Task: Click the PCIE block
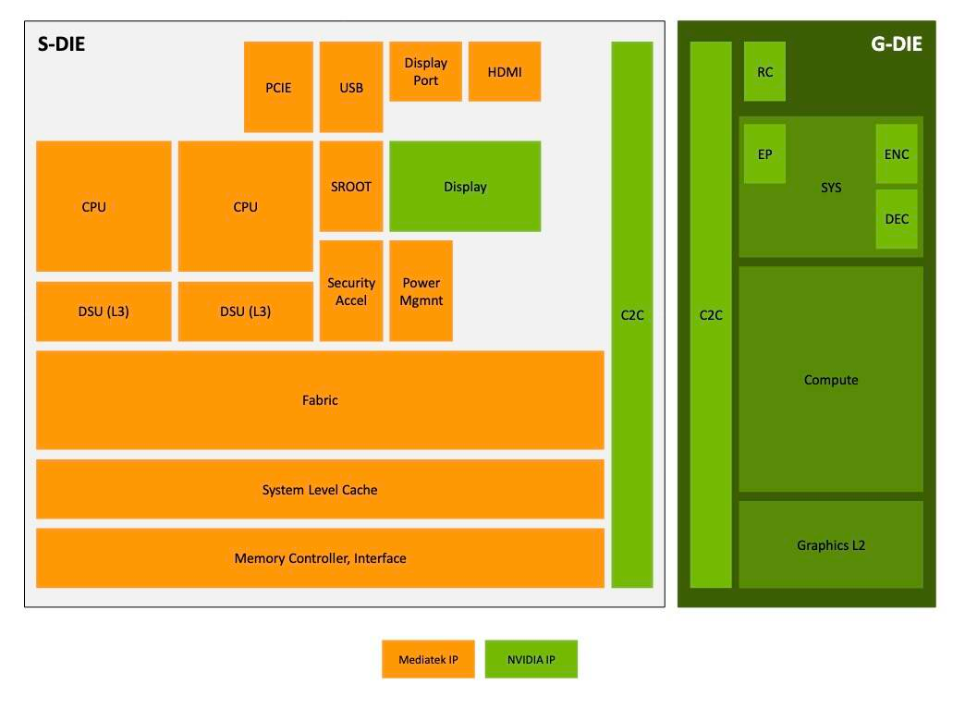point(278,87)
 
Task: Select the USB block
point(351,87)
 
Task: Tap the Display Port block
point(425,71)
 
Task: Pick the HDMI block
point(505,71)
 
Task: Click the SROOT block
point(351,186)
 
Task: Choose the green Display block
point(465,186)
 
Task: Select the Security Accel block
point(351,291)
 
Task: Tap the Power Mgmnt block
point(421,291)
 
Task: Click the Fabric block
point(320,400)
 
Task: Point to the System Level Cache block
point(320,489)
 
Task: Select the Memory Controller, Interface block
point(320,557)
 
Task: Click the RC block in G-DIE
point(764,71)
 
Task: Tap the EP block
point(764,154)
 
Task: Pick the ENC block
point(897,154)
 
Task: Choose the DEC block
point(897,219)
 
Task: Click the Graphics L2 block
point(831,544)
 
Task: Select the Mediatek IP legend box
point(428,659)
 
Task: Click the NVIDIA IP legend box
point(531,659)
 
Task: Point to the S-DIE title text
point(61,43)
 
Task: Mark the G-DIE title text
point(896,43)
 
